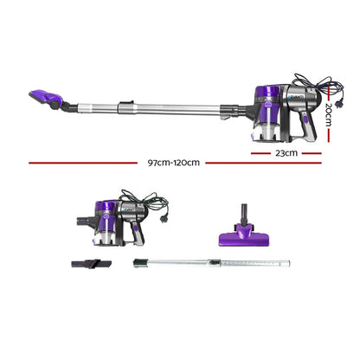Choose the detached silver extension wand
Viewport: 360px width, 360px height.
212,260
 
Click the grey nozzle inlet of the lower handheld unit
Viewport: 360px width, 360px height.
86,219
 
